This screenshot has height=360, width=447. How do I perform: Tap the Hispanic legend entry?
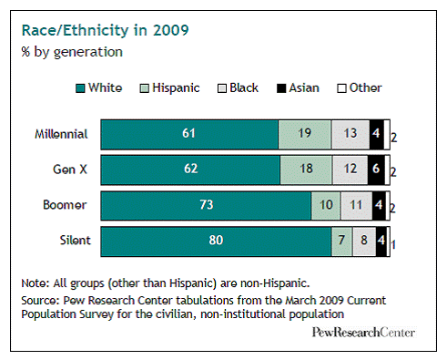(171, 88)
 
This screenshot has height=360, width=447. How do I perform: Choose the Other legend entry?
(358, 88)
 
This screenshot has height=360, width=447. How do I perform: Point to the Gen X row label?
(69, 170)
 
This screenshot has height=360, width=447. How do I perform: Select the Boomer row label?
(66, 206)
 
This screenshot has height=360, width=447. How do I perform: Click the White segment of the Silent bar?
(217, 242)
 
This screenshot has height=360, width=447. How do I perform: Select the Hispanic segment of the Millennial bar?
(305, 134)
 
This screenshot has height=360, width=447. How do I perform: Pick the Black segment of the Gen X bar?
(350, 170)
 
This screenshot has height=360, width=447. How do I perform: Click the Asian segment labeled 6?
(375, 170)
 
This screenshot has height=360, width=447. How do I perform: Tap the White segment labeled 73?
(206, 206)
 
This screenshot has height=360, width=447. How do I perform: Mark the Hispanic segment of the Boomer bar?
(326, 206)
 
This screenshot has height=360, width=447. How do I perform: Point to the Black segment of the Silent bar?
(362, 242)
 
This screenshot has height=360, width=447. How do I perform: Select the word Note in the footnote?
(33, 283)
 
